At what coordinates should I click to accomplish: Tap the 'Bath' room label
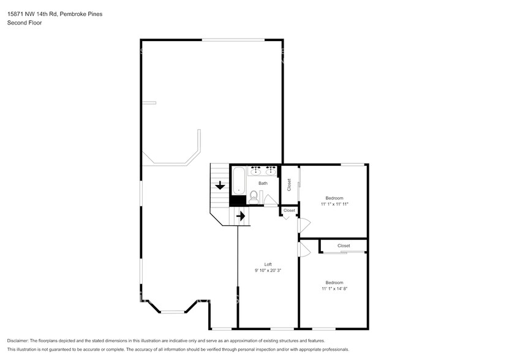(263, 183)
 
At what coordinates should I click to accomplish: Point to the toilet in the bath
(254, 197)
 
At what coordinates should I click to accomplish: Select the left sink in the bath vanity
(256, 170)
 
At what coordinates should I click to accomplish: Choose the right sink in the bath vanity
(270, 170)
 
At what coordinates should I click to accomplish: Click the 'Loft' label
(268, 264)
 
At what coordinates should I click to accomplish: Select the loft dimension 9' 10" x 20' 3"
(268, 270)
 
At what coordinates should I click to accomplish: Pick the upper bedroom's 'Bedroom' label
(334, 198)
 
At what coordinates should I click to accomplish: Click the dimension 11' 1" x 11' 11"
(334, 204)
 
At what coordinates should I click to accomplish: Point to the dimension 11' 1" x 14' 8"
(334, 288)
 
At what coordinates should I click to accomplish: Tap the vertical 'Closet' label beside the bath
(289, 184)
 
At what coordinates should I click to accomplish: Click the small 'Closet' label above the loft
(289, 210)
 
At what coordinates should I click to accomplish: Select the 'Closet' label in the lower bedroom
(344, 246)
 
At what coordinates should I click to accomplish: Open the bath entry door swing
(270, 200)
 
